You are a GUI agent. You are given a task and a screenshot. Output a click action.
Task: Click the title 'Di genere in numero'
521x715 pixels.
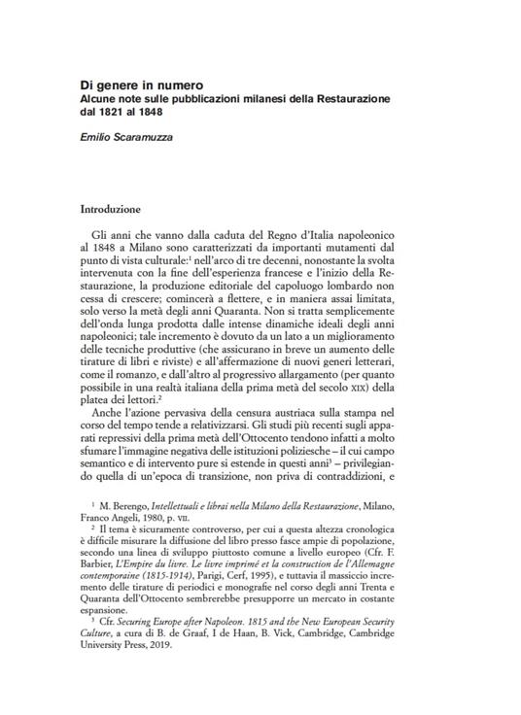(141, 86)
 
